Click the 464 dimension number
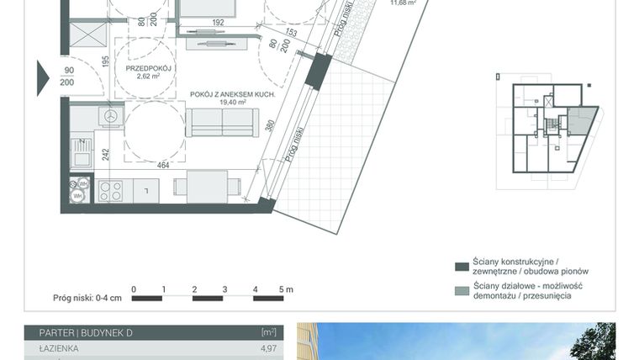coord(163,166)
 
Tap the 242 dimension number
coord(106,154)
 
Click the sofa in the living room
coord(223,123)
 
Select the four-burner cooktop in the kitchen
coord(111,191)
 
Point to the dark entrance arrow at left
coord(42,77)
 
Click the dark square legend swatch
coord(460,267)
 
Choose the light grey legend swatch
coord(460,291)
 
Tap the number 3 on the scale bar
coord(225,290)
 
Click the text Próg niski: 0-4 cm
coord(87,298)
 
